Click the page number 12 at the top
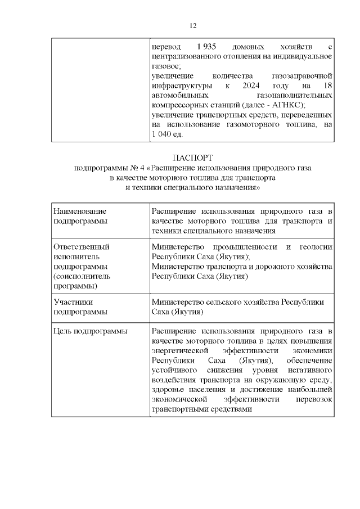(x=192, y=26)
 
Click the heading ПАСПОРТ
(x=192, y=158)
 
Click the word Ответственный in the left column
(x=81, y=246)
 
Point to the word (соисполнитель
(x=82, y=276)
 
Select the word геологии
(x=317, y=246)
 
